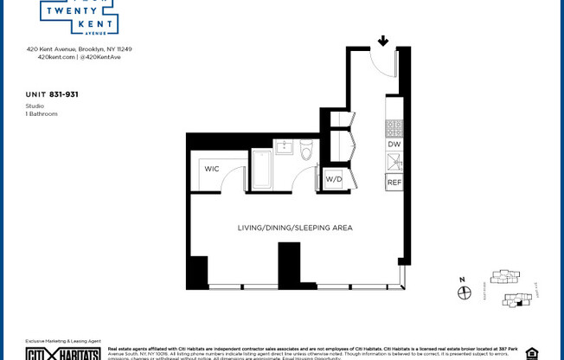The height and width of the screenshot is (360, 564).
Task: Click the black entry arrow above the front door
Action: [x=382, y=41]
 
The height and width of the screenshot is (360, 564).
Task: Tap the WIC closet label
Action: [x=212, y=169]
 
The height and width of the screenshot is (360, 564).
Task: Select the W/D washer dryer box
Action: [x=333, y=179]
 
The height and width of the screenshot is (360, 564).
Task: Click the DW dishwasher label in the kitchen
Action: [x=394, y=145]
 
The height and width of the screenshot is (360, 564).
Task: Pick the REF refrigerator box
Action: [x=394, y=183]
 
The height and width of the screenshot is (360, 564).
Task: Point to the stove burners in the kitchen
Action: [x=394, y=128]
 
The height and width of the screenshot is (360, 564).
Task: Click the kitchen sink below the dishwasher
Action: [x=394, y=162]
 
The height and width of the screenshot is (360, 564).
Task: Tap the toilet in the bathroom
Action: [x=305, y=151]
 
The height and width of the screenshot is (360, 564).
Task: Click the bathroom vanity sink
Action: [x=284, y=146]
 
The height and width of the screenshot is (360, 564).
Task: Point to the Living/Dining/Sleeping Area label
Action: [x=295, y=228]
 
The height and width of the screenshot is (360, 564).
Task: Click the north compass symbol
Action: [x=464, y=292]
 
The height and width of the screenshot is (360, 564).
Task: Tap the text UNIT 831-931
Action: [x=52, y=93]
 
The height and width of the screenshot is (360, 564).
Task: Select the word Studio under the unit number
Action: [x=35, y=106]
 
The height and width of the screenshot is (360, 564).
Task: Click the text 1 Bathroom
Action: [x=42, y=113]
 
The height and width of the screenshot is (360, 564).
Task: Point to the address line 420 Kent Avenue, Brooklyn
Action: [x=79, y=49]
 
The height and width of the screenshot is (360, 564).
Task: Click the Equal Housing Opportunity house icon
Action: [x=531, y=353]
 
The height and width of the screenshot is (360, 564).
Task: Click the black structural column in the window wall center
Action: [x=289, y=264]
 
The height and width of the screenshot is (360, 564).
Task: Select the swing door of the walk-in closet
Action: [x=234, y=180]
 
